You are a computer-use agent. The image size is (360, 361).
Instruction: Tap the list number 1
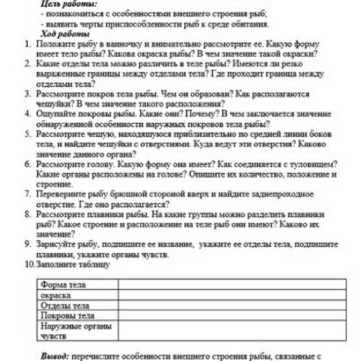tap(27, 44)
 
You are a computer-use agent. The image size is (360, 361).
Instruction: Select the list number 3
tap(27, 93)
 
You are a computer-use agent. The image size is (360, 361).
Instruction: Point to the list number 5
tap(27, 134)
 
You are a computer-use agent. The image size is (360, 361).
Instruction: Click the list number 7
tap(27, 194)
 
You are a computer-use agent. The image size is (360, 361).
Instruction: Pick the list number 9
tap(27, 244)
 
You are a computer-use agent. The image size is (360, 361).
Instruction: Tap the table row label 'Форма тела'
tap(63, 285)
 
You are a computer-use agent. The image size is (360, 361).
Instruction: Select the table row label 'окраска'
tap(55, 296)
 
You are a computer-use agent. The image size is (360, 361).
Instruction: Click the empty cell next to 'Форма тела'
tap(231, 285)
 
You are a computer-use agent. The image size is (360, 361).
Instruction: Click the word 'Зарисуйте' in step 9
tap(54, 244)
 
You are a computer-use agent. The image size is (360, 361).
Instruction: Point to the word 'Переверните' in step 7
tap(59, 194)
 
